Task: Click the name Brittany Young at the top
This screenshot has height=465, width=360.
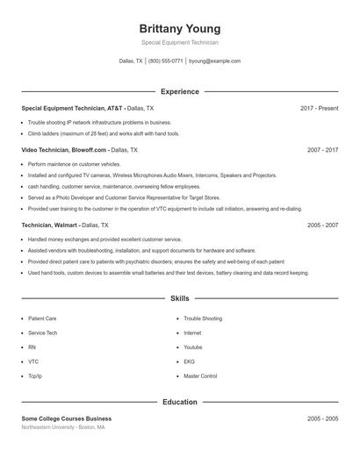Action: pyautogui.click(x=179, y=28)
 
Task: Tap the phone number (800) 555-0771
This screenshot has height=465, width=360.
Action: pyautogui.click(x=166, y=61)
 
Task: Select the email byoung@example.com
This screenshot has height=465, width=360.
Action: pyautogui.click(x=214, y=61)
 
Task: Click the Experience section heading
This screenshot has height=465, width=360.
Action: pyautogui.click(x=179, y=91)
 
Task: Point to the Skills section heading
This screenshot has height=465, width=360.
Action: pyautogui.click(x=179, y=299)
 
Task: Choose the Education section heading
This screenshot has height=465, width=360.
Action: pyautogui.click(x=179, y=402)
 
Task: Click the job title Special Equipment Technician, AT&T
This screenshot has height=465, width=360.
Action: pyautogui.click(x=73, y=108)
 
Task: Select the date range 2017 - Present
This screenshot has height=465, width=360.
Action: pyautogui.click(x=319, y=108)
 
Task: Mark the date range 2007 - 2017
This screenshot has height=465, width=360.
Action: pyautogui.click(x=322, y=150)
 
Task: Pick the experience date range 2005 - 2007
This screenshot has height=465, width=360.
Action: pyautogui.click(x=322, y=225)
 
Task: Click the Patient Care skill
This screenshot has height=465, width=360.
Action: pyautogui.click(x=42, y=318)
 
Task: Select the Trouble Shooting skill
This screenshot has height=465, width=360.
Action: pyautogui.click(x=203, y=318)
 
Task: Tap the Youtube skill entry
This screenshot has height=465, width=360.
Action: pyautogui.click(x=194, y=347)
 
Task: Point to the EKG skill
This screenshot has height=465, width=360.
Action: pyautogui.click(x=189, y=361)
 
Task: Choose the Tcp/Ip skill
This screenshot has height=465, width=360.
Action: pyautogui.click(x=35, y=376)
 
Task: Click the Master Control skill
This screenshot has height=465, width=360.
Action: pyautogui.click(x=200, y=376)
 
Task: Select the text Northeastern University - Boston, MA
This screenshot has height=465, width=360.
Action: pyautogui.click(x=64, y=427)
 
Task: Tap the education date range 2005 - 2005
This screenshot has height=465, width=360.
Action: pyautogui.click(x=322, y=418)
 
